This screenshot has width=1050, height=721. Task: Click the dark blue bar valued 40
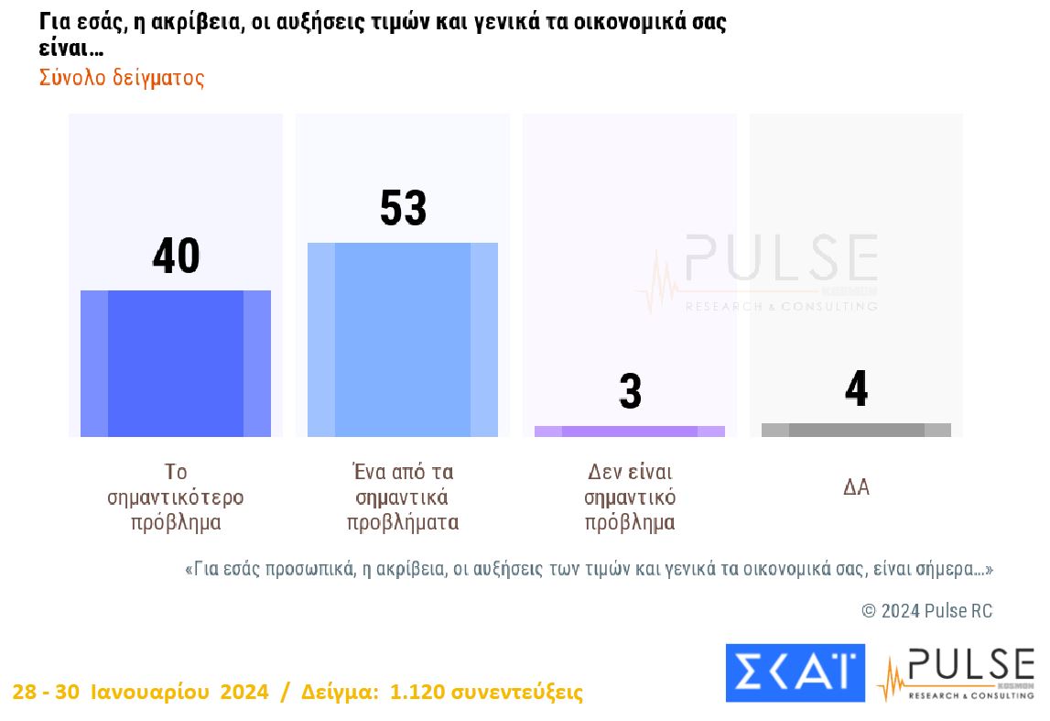tap(176, 363)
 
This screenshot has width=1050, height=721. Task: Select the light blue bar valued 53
tap(403, 339)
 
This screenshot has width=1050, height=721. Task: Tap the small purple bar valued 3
tap(630, 431)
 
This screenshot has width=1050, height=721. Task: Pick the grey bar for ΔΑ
tap(856, 430)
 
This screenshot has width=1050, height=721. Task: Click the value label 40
tap(176, 257)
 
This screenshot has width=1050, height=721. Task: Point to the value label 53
tap(403, 209)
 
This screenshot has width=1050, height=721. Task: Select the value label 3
tap(630, 392)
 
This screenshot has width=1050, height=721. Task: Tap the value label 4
tap(856, 390)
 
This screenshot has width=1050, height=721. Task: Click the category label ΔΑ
tap(856, 487)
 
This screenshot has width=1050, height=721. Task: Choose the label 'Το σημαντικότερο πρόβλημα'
tap(176, 497)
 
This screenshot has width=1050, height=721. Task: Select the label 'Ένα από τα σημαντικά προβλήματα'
tap(403, 497)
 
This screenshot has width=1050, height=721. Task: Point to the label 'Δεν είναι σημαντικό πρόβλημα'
tap(630, 497)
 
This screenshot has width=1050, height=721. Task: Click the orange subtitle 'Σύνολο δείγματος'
tap(122, 78)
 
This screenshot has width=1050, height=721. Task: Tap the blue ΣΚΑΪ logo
tap(795, 672)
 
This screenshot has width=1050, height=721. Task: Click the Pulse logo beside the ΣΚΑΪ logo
tap(956, 674)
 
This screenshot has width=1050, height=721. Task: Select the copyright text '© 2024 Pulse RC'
tap(926, 611)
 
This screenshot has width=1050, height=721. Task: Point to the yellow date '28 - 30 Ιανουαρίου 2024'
tap(141, 692)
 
